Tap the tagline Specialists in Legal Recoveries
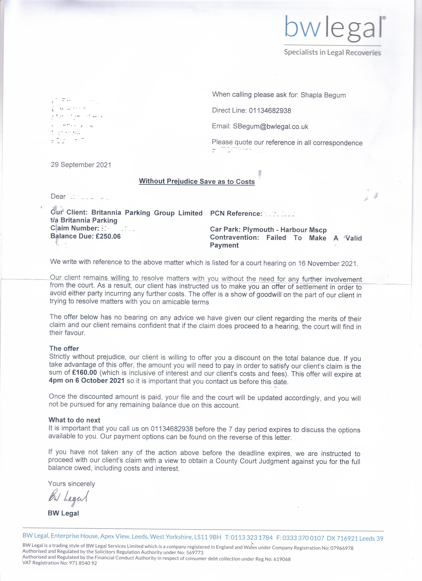(x=332, y=52)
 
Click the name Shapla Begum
(x=323, y=95)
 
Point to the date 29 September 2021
(x=81, y=165)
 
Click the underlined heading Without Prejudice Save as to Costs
(x=197, y=181)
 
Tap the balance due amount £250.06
(x=108, y=236)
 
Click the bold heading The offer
(x=64, y=348)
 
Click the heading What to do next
(x=74, y=420)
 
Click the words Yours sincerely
(x=71, y=484)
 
